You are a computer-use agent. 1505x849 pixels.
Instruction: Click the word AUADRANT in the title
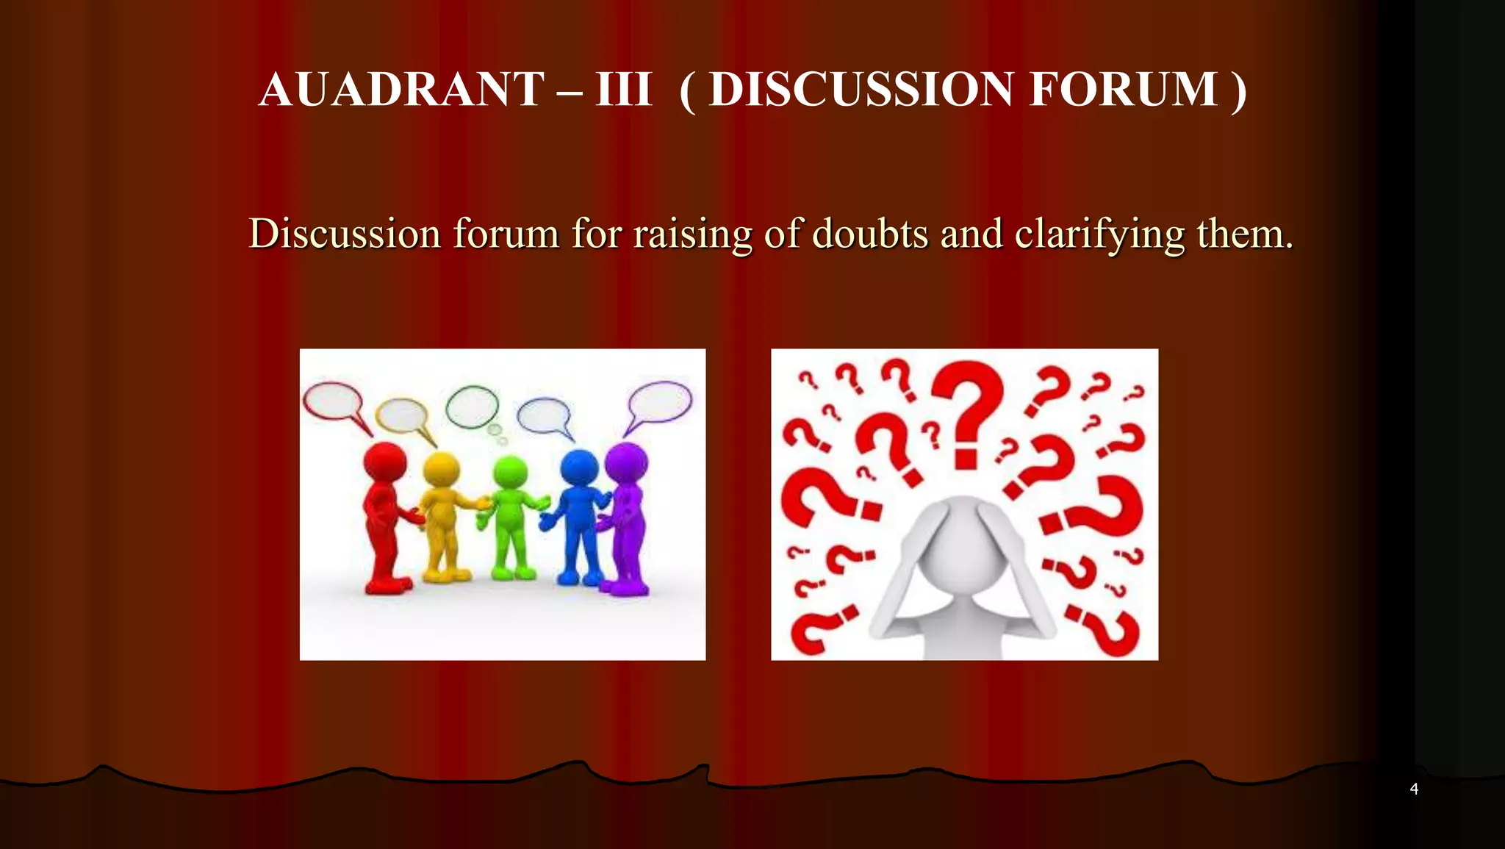pyautogui.click(x=401, y=90)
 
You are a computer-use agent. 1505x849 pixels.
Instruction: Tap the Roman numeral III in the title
pyautogui.click(x=623, y=90)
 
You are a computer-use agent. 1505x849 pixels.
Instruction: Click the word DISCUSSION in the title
pyautogui.click(x=861, y=90)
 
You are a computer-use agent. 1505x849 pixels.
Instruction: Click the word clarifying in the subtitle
pyautogui.click(x=1099, y=235)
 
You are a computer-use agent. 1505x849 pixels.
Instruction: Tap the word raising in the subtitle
pyautogui.click(x=692, y=235)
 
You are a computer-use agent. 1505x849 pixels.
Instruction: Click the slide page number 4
pyautogui.click(x=1414, y=789)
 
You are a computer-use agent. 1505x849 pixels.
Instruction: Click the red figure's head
pyautogui.click(x=385, y=462)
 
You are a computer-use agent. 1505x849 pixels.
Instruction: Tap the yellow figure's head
pyautogui.click(x=441, y=470)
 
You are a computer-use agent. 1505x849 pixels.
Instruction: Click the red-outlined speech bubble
pyautogui.click(x=333, y=403)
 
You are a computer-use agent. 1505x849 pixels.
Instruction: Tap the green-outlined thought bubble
pyautogui.click(x=472, y=406)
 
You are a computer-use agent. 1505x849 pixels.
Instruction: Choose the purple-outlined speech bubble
pyautogui.click(x=660, y=402)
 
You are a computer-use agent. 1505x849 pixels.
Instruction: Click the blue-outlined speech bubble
pyautogui.click(x=544, y=415)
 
